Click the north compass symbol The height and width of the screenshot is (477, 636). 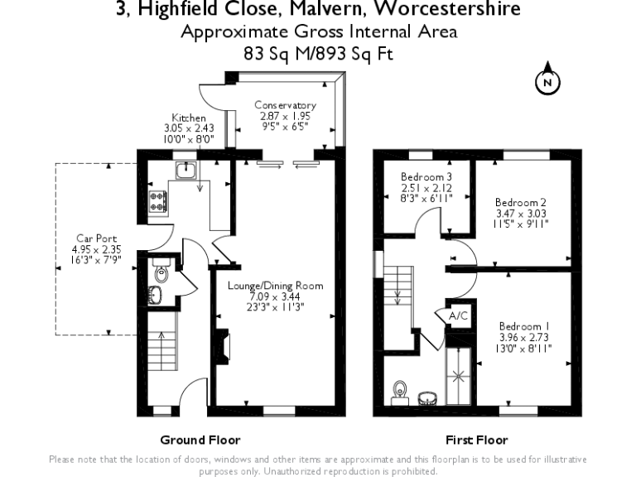pyautogui.click(x=547, y=81)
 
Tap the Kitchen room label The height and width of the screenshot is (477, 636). pyautogui.click(x=189, y=118)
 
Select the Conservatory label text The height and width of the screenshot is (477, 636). pyautogui.click(x=285, y=105)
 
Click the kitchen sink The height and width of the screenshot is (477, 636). pyautogui.click(x=185, y=171)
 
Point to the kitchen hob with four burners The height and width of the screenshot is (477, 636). pyautogui.click(x=157, y=200)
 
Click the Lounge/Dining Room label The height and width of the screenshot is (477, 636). pyautogui.click(x=276, y=286)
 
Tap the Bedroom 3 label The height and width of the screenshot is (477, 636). pyautogui.click(x=426, y=177)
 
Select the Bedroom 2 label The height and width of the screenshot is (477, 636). pyautogui.click(x=520, y=202)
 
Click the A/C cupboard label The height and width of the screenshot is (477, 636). pyautogui.click(x=458, y=316)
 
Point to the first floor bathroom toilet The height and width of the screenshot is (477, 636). pyautogui.click(x=402, y=389)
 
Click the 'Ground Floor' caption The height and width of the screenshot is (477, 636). pyautogui.click(x=200, y=440)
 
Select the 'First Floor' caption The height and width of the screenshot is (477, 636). pyautogui.click(x=476, y=440)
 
